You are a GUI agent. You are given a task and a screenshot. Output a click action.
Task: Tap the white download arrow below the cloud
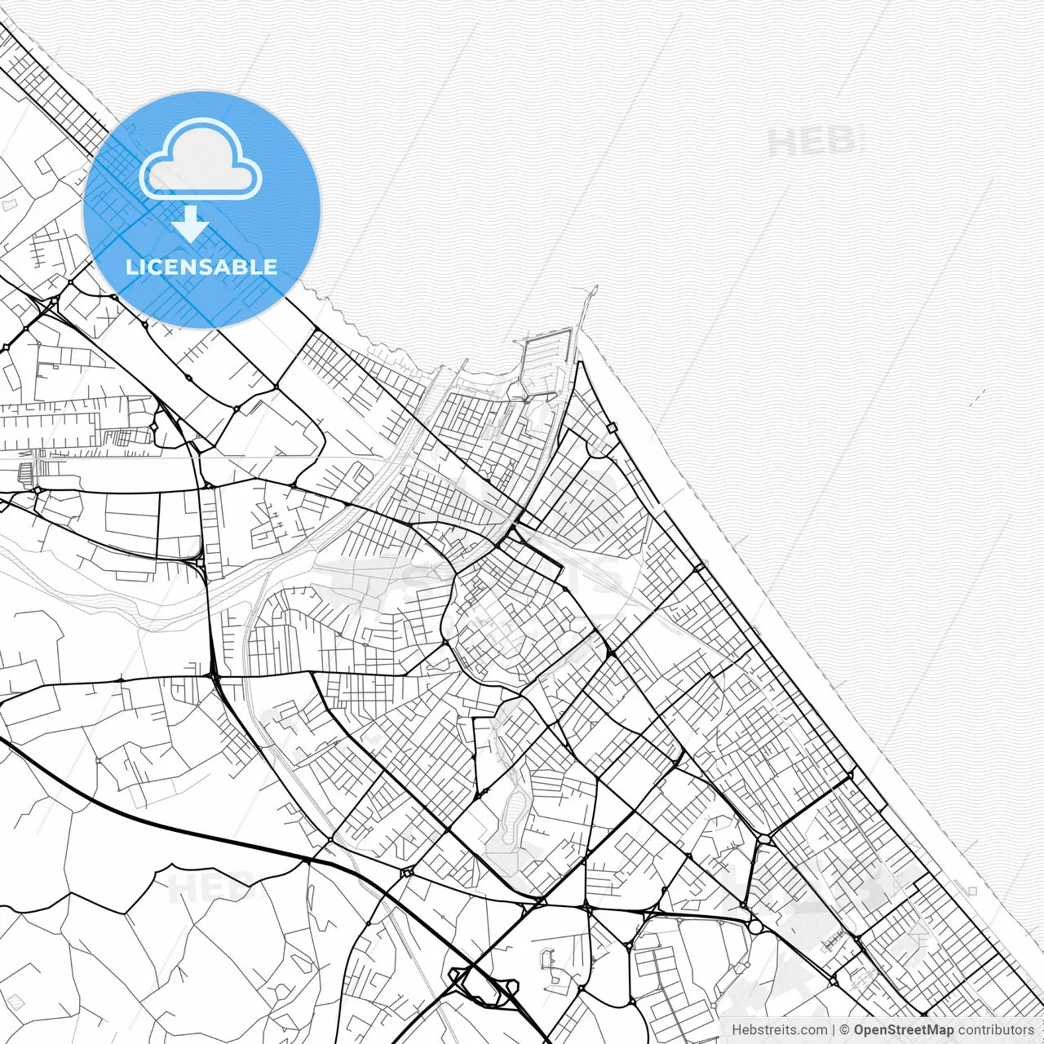click(191, 223)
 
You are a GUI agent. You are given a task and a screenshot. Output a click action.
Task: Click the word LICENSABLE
click(201, 267)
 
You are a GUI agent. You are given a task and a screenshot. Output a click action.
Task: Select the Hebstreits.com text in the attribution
click(779, 1030)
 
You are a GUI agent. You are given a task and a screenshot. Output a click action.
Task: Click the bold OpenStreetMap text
click(904, 1030)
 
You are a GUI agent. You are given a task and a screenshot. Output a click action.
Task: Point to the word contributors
click(996, 1030)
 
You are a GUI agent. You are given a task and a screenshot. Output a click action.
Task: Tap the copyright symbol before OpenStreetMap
click(845, 1030)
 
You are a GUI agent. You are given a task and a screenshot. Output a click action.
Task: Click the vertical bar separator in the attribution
click(834, 1030)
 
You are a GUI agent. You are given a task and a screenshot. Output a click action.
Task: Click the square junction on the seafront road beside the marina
click(612, 427)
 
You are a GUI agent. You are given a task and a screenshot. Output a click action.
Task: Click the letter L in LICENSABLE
click(131, 267)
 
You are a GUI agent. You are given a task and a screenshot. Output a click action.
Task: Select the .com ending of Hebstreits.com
click(812, 1030)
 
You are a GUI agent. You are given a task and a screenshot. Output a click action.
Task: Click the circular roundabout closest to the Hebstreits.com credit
click(755, 927)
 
